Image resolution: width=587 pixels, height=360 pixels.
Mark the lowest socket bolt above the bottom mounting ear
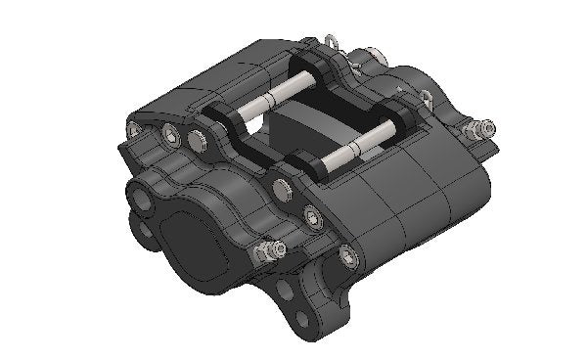click(347, 256)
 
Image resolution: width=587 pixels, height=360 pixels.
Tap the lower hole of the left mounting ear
click(147, 230)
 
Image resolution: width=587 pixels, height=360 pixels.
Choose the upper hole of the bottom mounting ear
click(284, 291)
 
